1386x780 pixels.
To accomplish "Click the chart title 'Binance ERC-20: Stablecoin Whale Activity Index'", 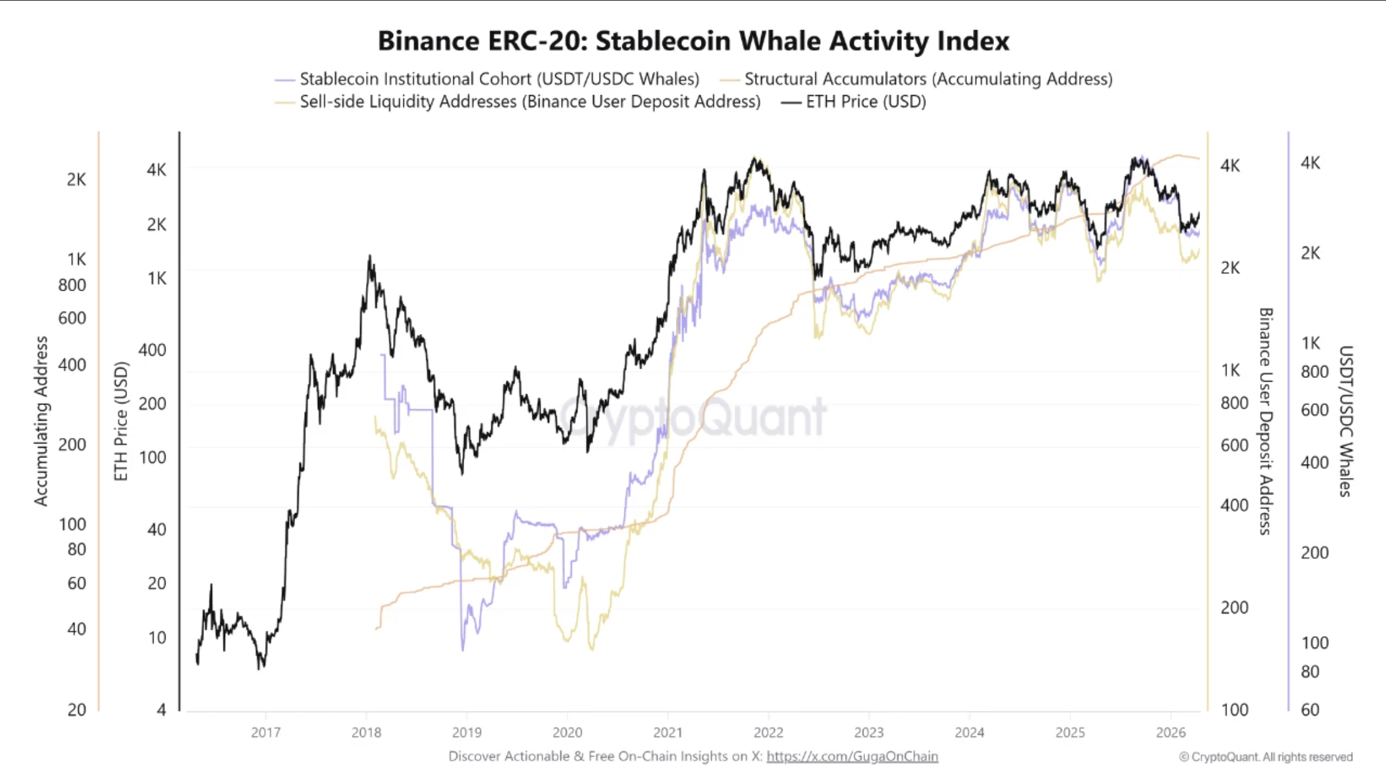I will [693, 41].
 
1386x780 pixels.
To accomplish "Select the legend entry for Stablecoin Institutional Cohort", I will [499, 79].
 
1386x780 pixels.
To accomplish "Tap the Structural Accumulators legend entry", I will [928, 79].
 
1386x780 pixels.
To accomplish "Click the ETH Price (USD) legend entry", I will [865, 102].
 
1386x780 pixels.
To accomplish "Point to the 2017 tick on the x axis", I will [266, 732].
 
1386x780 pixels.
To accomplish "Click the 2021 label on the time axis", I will [668, 732].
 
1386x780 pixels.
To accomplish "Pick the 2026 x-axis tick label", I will [1170, 732].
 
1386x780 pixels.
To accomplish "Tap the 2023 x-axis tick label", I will [869, 732].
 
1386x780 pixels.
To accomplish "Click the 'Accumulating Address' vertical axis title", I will [40, 421].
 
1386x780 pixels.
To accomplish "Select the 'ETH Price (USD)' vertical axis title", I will [121, 421].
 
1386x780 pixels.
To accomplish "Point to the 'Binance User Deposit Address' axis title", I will [1266, 421].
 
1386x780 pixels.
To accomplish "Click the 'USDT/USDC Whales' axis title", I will [1346, 421].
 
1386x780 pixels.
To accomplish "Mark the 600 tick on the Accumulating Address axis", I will [72, 318].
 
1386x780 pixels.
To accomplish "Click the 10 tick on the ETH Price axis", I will [157, 637].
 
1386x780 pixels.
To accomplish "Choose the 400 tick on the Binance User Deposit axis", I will [1234, 505].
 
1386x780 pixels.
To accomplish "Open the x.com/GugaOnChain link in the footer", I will [852, 757].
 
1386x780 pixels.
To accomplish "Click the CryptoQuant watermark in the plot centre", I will [693, 416].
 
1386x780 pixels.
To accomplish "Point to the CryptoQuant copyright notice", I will [1266, 757].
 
